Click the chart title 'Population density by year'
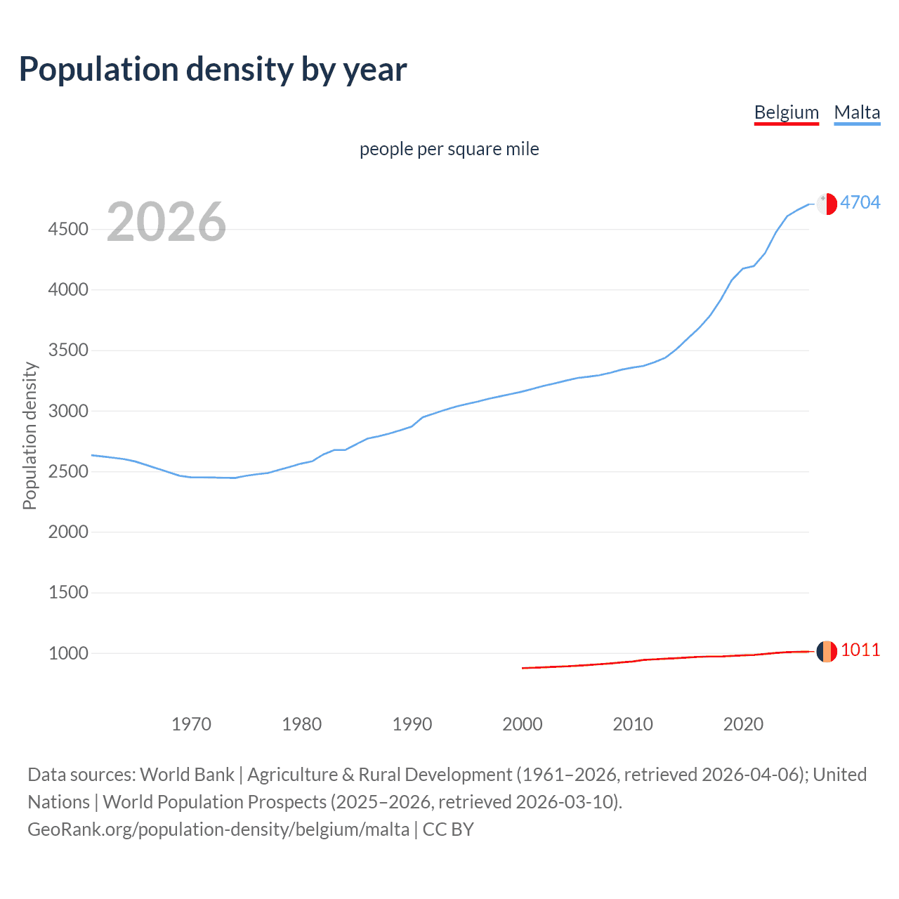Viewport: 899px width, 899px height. coord(213,70)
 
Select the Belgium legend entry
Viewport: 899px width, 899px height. coord(786,112)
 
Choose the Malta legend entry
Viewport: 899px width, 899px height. coord(857,112)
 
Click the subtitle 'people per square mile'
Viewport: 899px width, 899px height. coord(449,149)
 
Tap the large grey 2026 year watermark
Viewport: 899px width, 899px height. coord(166,222)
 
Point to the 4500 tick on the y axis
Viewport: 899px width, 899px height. coord(68,230)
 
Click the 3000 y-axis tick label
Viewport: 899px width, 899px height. coord(68,411)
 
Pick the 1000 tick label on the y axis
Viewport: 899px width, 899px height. coord(68,653)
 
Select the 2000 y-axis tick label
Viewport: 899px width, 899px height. coord(68,532)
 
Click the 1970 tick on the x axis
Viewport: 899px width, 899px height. coord(191,724)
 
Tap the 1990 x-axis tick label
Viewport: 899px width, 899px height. coord(412,724)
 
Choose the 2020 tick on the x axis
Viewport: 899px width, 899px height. coord(743,724)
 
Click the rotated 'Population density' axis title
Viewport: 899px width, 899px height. coord(29,435)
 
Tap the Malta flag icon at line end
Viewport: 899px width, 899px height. coord(827,203)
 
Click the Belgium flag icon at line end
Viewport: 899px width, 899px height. coord(827,651)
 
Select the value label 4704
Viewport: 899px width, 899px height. coord(860,202)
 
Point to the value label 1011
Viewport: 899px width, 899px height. coord(860,650)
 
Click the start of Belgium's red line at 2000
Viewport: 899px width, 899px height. coord(523,668)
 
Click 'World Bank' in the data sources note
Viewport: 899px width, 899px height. coord(187,775)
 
